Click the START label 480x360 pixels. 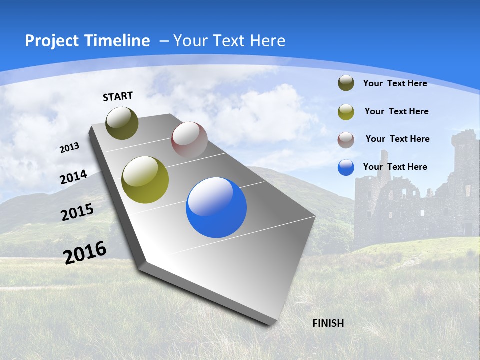(118, 96)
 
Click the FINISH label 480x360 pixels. (328, 323)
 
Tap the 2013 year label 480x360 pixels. (69, 148)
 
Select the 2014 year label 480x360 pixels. (74, 177)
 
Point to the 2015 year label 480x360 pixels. (77, 212)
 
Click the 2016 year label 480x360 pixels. (85, 252)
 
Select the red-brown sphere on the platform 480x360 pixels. (189, 140)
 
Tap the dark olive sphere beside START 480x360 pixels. (122, 123)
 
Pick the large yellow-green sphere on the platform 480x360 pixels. (145, 180)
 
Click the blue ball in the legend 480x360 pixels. (346, 167)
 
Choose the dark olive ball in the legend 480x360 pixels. (346, 83)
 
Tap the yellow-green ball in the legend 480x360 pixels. (346, 112)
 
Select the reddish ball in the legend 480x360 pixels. (346, 140)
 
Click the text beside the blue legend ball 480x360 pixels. (395, 167)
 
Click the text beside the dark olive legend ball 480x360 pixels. (395, 83)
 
